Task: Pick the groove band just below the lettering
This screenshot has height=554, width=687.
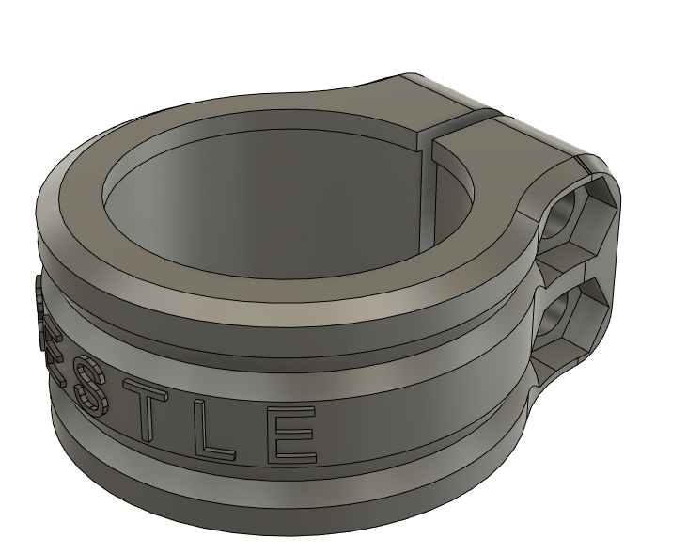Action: point(282,480)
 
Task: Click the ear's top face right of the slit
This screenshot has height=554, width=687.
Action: point(526,141)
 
